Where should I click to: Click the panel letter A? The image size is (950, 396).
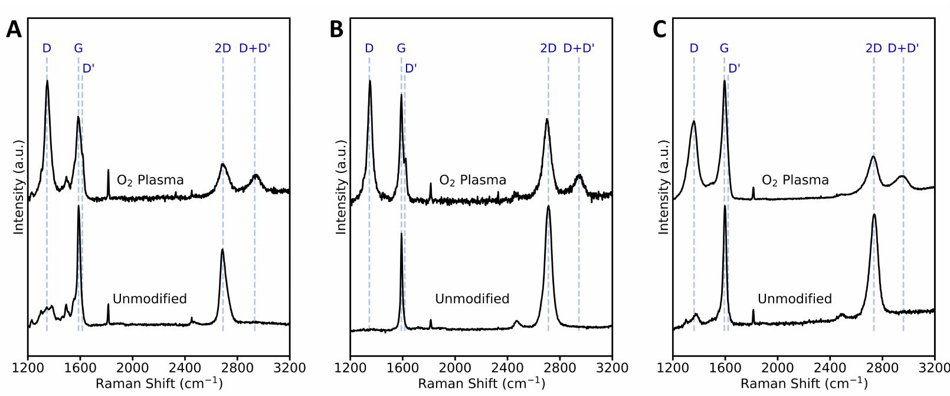[x=14, y=30]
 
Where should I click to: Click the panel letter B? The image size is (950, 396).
[x=336, y=30]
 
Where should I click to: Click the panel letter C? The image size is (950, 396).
[x=659, y=30]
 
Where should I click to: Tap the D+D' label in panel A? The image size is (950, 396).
[x=254, y=48]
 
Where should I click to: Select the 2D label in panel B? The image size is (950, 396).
[x=548, y=48]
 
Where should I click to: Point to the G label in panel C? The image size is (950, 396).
[x=724, y=48]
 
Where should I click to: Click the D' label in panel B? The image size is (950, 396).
[x=411, y=68]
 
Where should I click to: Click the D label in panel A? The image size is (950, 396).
[x=47, y=48]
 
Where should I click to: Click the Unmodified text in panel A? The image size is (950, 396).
[x=149, y=299]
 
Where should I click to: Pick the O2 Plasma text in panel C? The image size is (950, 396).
[x=795, y=180]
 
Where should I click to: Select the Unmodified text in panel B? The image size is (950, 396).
[x=472, y=299]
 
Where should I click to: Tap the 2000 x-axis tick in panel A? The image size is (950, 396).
[x=132, y=368]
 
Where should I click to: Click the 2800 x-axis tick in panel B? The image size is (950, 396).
[x=559, y=368]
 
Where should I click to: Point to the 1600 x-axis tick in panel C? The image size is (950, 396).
[x=725, y=368]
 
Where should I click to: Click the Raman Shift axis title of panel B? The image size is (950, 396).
[x=481, y=384]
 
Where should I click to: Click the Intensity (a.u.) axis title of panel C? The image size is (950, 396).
[x=664, y=187]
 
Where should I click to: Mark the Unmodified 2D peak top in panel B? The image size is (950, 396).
[x=548, y=205]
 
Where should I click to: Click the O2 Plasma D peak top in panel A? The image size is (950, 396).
[x=47, y=81]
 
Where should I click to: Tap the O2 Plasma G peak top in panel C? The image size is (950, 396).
[x=724, y=80]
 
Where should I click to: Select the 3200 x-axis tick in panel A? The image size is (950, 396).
[x=289, y=368]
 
